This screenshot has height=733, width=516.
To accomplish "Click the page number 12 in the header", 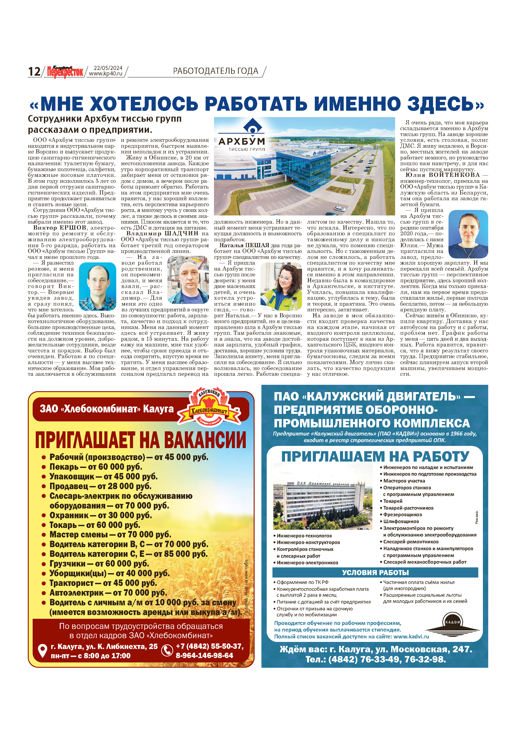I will point(34,71).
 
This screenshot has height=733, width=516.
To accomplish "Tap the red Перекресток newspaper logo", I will point(65,72).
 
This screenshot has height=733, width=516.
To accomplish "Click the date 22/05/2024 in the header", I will point(108,68).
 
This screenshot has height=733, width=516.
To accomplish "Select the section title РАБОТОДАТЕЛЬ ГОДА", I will point(216,71).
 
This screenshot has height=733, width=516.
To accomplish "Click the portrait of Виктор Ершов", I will point(97,286).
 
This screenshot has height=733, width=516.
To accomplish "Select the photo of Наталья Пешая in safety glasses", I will point(281,286).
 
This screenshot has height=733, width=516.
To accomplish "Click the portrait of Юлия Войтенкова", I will point(468,234).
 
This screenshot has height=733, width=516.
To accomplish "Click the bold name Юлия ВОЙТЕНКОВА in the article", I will point(443,175).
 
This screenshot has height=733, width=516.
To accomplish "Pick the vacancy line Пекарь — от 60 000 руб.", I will point(96,467).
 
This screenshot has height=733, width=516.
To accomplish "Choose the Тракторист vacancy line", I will point(103,583).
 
